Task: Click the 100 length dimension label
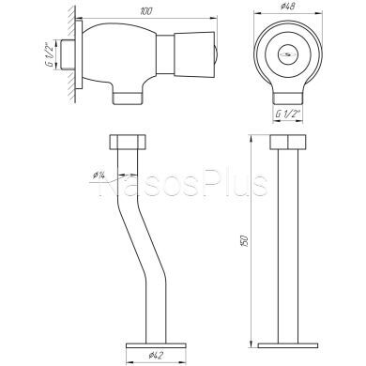click(x=146, y=12)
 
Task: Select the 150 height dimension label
click(x=246, y=240)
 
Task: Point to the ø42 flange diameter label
click(x=156, y=355)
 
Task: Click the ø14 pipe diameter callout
click(x=99, y=175)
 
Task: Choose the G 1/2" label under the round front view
click(x=288, y=114)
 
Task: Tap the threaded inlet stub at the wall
click(x=68, y=54)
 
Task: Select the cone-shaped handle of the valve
click(x=194, y=54)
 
